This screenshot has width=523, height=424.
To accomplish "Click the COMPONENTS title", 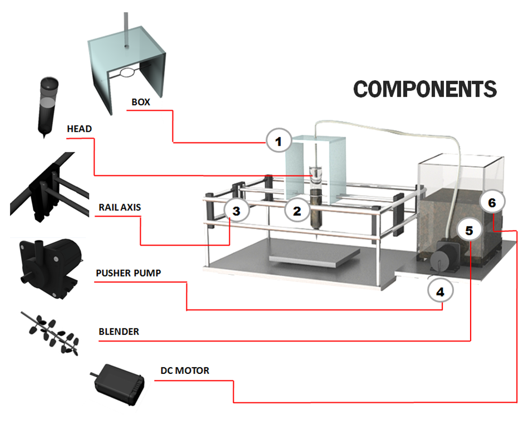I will point(425,89).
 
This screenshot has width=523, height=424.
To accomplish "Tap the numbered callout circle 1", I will point(279,141).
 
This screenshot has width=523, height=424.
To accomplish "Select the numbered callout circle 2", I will point(297,210).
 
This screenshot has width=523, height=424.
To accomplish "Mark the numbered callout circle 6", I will point(492,203).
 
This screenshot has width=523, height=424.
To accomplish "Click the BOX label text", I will point(141,102).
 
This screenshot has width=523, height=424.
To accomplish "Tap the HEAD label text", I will point(79,129).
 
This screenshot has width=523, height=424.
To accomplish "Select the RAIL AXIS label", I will point(120,207).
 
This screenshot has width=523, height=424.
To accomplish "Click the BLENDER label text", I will point(119,332).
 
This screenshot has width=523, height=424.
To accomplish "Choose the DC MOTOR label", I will point(185,370).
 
